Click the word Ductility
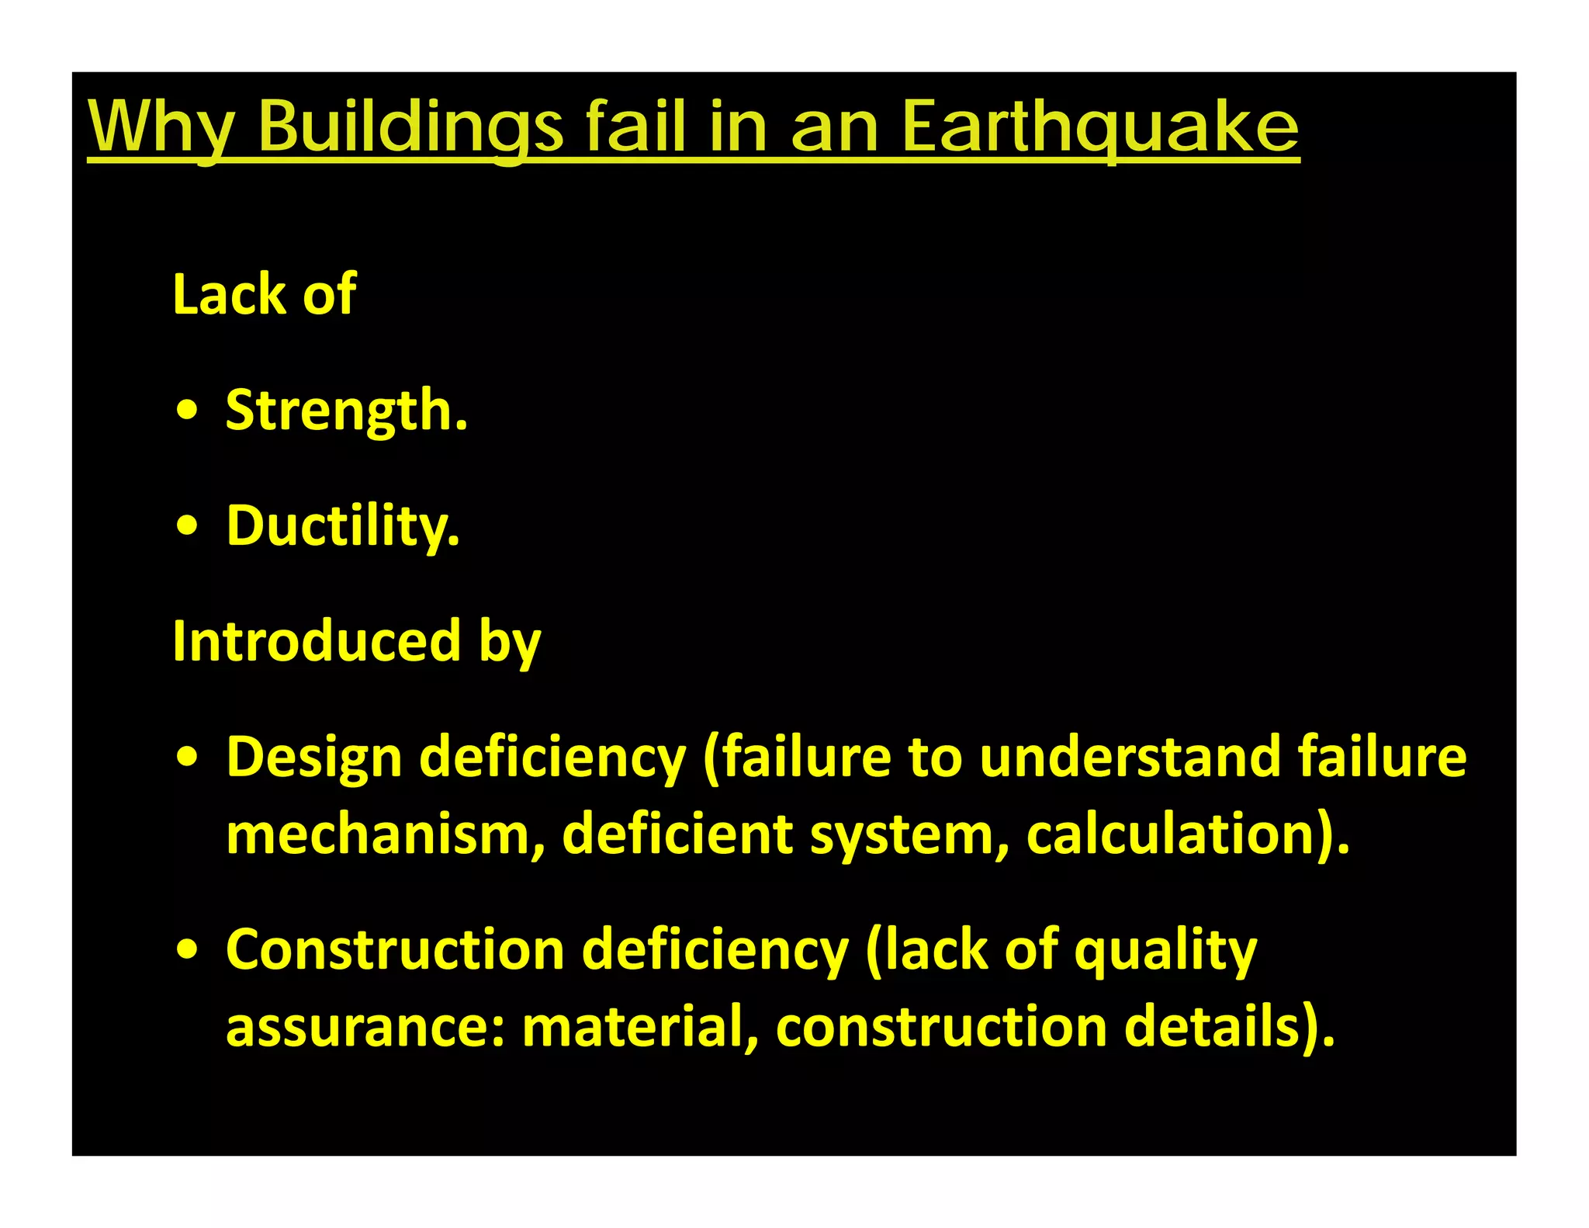[x=342, y=526]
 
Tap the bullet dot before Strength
[x=187, y=411]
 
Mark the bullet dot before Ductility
[x=187, y=527]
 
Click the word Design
[x=313, y=757]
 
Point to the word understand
[x=1130, y=757]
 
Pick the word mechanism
[x=385, y=834]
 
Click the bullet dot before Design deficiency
[x=187, y=757]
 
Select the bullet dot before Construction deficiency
[x=187, y=950]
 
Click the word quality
[x=1165, y=952]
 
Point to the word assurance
[x=365, y=1026]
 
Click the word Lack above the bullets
[x=229, y=294]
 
